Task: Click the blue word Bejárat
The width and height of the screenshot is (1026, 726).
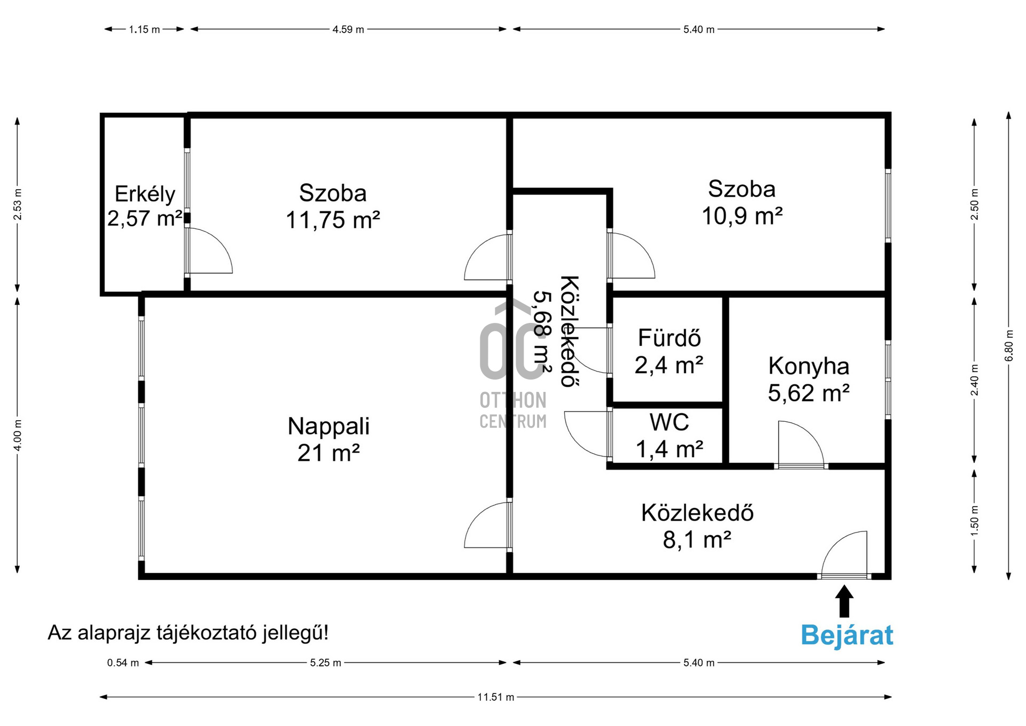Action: [846, 636]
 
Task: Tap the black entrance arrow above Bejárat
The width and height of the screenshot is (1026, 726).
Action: [844, 601]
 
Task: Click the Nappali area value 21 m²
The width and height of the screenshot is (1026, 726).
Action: [328, 453]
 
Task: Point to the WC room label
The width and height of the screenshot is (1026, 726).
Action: [669, 422]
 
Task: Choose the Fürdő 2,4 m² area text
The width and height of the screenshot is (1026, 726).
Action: [669, 366]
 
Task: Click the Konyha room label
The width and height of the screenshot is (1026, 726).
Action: [809, 366]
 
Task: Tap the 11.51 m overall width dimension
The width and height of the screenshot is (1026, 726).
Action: [495, 697]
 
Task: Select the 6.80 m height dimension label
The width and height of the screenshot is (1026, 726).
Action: [1009, 345]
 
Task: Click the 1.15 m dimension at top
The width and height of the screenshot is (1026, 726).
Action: [144, 29]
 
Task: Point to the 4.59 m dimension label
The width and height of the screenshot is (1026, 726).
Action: [348, 29]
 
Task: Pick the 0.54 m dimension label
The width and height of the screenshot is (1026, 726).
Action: [123, 663]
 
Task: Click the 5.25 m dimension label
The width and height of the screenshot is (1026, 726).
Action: [325, 663]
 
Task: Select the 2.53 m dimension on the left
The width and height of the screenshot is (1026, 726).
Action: [18, 205]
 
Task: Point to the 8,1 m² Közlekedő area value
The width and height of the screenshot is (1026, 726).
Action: [697, 540]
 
